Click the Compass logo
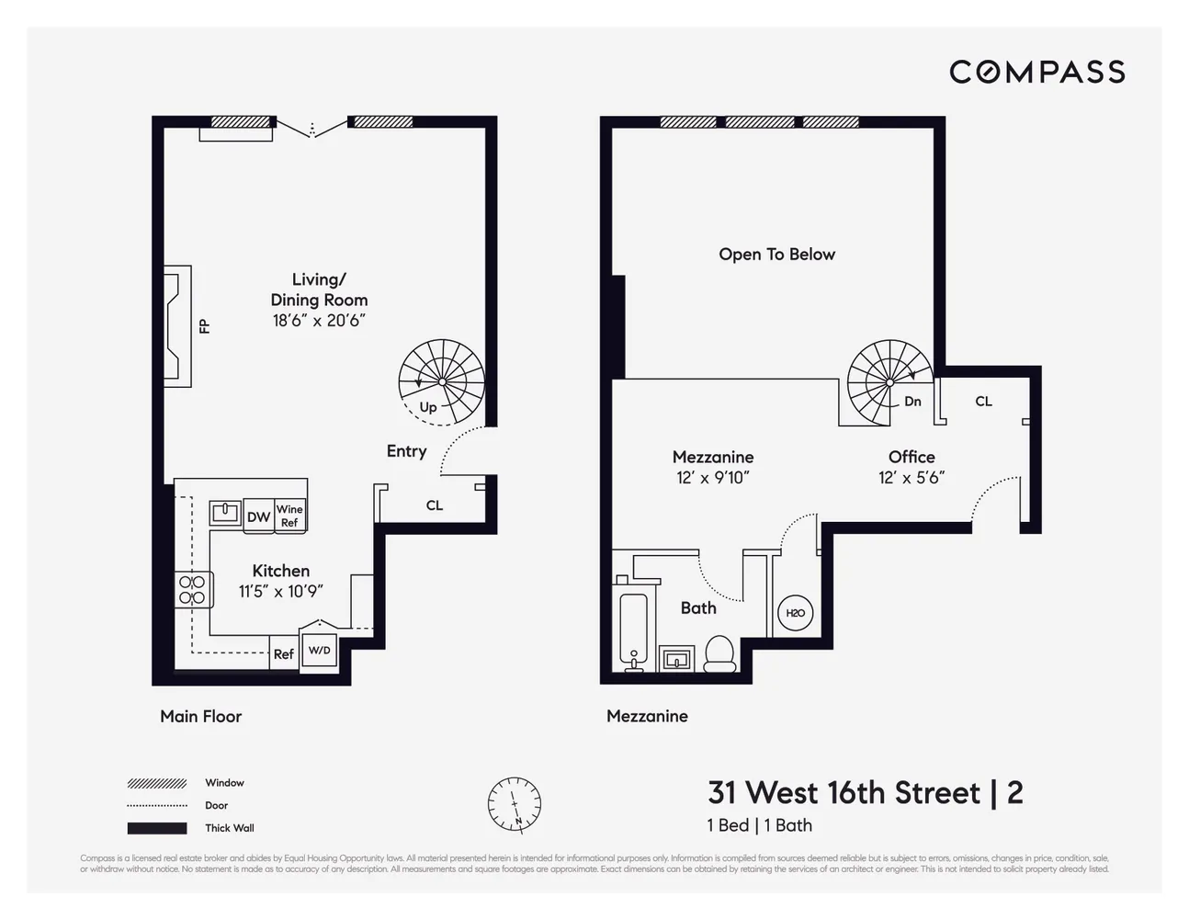point(1036,72)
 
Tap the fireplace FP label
point(204,326)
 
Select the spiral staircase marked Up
point(441,380)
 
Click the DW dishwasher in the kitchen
point(258,516)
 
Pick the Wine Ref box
point(289,516)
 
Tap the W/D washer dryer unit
point(319,651)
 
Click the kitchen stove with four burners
point(192,589)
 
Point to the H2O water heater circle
point(795,613)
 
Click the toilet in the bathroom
point(719,654)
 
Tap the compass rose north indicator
point(514,805)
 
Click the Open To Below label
point(776,255)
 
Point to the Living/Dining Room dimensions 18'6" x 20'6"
point(319,321)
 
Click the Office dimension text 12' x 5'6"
point(911,478)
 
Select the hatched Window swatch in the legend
point(157,783)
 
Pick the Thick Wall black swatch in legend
point(157,828)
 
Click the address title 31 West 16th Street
point(844,792)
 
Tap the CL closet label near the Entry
point(435,505)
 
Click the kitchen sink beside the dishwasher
point(224,513)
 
